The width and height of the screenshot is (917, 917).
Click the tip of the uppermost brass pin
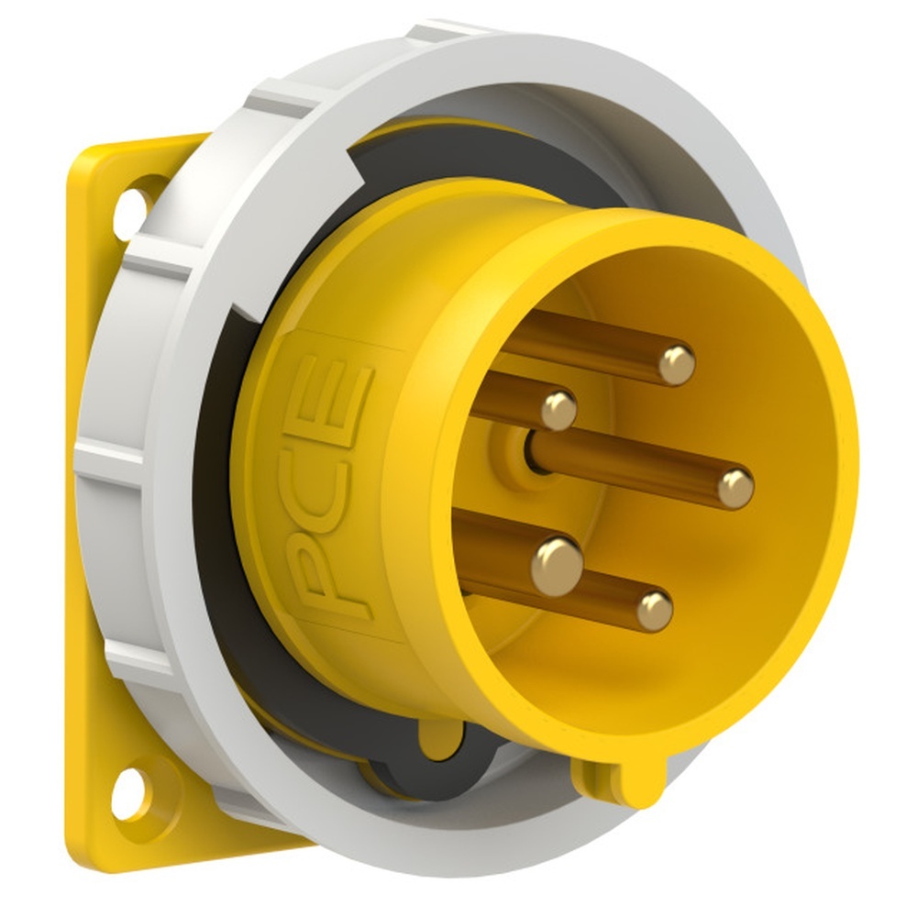(677, 365)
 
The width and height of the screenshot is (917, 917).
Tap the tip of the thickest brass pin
(558, 566)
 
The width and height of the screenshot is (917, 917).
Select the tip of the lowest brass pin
(655, 611)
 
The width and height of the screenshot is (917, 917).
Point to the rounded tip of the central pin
(735, 489)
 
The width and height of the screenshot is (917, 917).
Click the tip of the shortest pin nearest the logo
(558, 411)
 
